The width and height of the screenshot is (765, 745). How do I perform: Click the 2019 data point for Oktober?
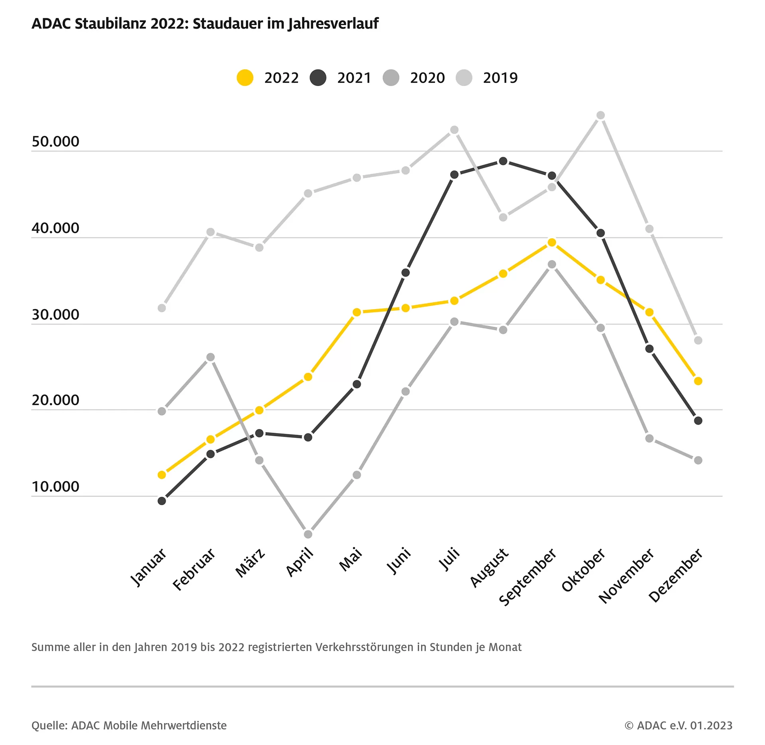click(x=600, y=116)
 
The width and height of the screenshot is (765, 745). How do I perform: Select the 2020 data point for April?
click(x=308, y=534)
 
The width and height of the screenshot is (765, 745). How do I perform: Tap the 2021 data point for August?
click(x=503, y=161)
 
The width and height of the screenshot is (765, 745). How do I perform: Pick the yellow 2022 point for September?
click(x=552, y=242)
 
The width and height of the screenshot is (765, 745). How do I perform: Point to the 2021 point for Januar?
click(x=162, y=501)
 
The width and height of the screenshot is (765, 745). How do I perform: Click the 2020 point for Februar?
click(x=210, y=357)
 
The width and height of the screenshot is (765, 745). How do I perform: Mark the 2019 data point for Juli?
click(x=454, y=130)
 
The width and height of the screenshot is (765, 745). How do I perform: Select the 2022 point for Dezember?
click(x=698, y=381)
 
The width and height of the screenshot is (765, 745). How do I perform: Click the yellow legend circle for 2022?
click(x=245, y=77)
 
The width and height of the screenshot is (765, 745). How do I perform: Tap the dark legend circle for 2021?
click(x=318, y=77)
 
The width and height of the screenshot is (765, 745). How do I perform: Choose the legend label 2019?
click(x=500, y=78)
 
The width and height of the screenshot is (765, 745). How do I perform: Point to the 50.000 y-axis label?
click(x=55, y=141)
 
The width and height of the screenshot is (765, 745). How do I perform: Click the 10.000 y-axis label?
click(x=55, y=486)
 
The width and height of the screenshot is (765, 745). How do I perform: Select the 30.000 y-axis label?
click(x=55, y=314)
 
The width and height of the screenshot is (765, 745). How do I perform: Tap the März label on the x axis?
click(x=250, y=562)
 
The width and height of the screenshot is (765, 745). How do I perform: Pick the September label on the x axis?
click(x=528, y=576)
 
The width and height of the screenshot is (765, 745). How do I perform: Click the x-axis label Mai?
click(x=351, y=559)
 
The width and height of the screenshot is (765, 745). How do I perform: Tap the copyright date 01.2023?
click(x=711, y=725)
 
